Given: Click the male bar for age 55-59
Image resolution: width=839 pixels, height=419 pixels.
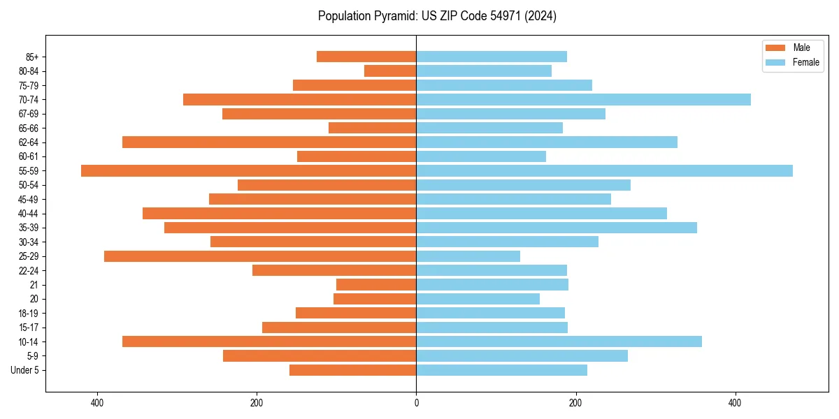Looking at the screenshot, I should pos(248,171).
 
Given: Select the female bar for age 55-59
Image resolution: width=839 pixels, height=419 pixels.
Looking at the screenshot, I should pos(604,171).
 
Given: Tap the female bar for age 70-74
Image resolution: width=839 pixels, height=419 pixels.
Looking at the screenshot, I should pos(583,100).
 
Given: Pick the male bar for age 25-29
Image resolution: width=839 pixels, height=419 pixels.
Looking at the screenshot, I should pos(260,256).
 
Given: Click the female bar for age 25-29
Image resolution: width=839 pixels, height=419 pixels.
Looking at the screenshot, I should pos(468,256).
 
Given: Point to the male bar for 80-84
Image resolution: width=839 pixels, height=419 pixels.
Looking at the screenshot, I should pos(390,71).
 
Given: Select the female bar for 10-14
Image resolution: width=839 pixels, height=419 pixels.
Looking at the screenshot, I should pos(559,341).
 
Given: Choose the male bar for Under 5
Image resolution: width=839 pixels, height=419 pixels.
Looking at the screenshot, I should pos(352,370).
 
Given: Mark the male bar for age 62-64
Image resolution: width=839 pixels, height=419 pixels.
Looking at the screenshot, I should pos(269,142).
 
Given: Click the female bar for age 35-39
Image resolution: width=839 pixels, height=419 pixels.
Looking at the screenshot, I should pos(557,228).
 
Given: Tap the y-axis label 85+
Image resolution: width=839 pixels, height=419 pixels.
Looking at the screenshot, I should pos(31,57).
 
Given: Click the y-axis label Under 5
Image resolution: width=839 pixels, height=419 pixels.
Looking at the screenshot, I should pos(25,370).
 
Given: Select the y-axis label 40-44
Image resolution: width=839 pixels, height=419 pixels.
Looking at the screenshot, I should pos(29,214).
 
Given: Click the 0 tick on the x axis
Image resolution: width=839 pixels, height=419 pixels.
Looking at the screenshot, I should pos(416,403).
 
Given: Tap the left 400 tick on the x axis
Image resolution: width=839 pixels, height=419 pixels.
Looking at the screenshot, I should pos(97,403).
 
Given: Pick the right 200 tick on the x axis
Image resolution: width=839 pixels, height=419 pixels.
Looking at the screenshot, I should pos(575,403).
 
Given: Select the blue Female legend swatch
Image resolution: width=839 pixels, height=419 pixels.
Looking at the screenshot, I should pos(775,62).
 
